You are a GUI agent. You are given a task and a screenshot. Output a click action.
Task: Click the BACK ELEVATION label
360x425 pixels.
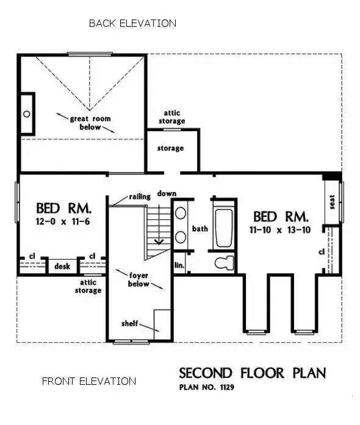pyautogui.click(x=132, y=23)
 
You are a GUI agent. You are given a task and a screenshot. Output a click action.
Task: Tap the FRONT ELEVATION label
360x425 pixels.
pyautogui.click(x=89, y=381)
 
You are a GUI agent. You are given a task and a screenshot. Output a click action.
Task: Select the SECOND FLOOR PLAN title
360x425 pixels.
pyautogui.click(x=252, y=373)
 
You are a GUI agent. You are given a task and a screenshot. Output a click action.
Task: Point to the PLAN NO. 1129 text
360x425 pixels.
pyautogui.click(x=207, y=387)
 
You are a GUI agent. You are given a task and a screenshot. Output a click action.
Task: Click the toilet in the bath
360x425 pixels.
pyautogui.click(x=225, y=263)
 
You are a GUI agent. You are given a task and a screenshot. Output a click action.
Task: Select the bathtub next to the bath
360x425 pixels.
pyautogui.click(x=225, y=228)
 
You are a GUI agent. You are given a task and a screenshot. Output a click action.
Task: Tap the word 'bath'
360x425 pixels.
pyautogui.click(x=201, y=229)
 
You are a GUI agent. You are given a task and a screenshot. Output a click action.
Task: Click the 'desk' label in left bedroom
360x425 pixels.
pyautogui.click(x=62, y=266)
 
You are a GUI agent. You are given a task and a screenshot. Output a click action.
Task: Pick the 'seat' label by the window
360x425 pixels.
pyautogui.click(x=333, y=202)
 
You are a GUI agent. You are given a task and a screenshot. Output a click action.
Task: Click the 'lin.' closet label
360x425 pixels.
pyautogui.click(x=179, y=265)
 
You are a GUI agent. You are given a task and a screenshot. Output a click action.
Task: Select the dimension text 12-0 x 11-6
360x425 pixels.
pyautogui.click(x=63, y=221)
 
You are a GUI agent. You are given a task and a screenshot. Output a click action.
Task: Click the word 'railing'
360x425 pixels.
pyautogui.click(x=140, y=196)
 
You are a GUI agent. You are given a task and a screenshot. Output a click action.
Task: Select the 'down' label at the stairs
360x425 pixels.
pyautogui.click(x=167, y=193)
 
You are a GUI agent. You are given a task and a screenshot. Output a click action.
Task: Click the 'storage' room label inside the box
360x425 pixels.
pyautogui.click(x=170, y=148)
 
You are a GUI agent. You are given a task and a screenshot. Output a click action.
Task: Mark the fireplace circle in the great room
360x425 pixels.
pyautogui.click(x=26, y=113)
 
